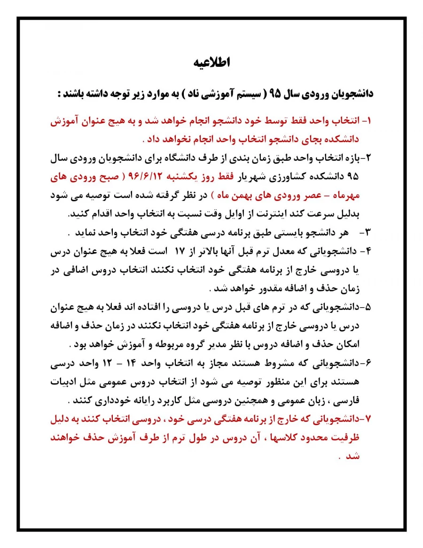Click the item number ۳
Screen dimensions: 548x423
pyautogui.click(x=368, y=232)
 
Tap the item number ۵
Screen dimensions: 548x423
pyautogui.click(x=368, y=307)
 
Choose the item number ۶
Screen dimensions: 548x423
pyautogui.click(x=368, y=363)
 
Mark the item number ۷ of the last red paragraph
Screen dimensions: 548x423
pyautogui.click(x=368, y=419)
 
